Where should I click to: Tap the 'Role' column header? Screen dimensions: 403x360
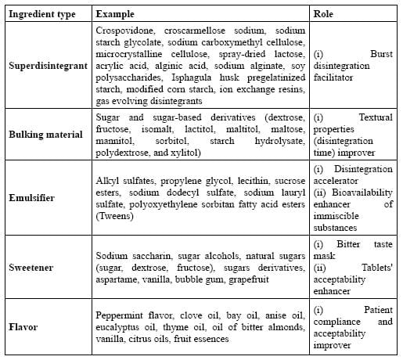tap(322, 14)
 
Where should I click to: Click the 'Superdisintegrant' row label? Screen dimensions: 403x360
tap(47, 67)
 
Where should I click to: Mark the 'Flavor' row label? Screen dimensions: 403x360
tap(23, 326)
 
